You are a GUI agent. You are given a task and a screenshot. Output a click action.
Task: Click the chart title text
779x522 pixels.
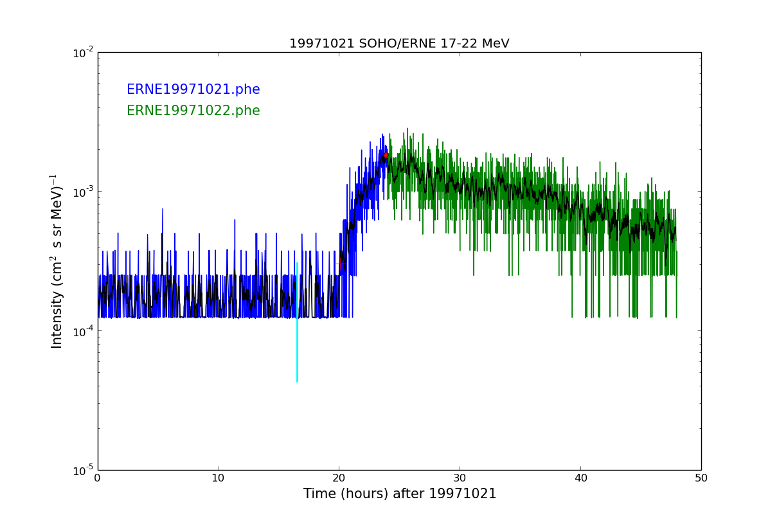399,44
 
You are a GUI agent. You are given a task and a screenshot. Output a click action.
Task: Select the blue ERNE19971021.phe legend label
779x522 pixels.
193,90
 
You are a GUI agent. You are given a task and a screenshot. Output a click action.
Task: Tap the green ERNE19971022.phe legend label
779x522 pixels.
193,111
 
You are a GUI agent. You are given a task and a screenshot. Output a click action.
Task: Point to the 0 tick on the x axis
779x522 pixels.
98,478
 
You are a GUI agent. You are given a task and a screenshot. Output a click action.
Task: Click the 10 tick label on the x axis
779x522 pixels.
219,478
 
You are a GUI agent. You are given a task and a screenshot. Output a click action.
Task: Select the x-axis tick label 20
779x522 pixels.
339,478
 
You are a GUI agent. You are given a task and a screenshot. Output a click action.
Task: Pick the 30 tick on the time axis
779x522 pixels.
460,478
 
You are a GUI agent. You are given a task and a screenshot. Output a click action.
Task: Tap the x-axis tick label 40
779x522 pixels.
580,478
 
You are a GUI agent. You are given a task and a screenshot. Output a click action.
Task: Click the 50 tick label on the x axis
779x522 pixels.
701,478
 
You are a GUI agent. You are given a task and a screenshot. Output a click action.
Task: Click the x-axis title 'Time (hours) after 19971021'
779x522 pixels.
400,494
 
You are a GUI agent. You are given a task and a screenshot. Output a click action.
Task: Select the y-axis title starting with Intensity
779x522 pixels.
57,261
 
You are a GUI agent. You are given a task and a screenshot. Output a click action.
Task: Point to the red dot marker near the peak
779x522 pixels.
386,155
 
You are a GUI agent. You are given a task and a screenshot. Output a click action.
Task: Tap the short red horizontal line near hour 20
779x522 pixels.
341,264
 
